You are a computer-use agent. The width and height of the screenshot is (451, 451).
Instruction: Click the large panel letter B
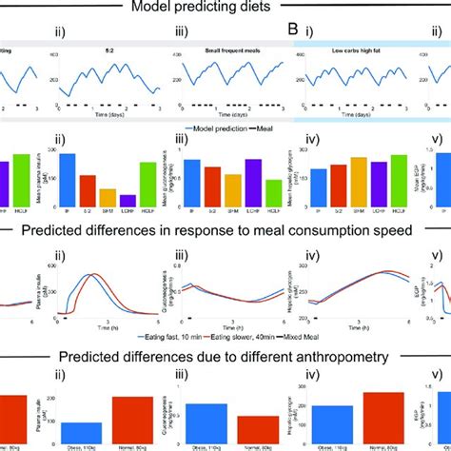[x=294, y=38]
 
